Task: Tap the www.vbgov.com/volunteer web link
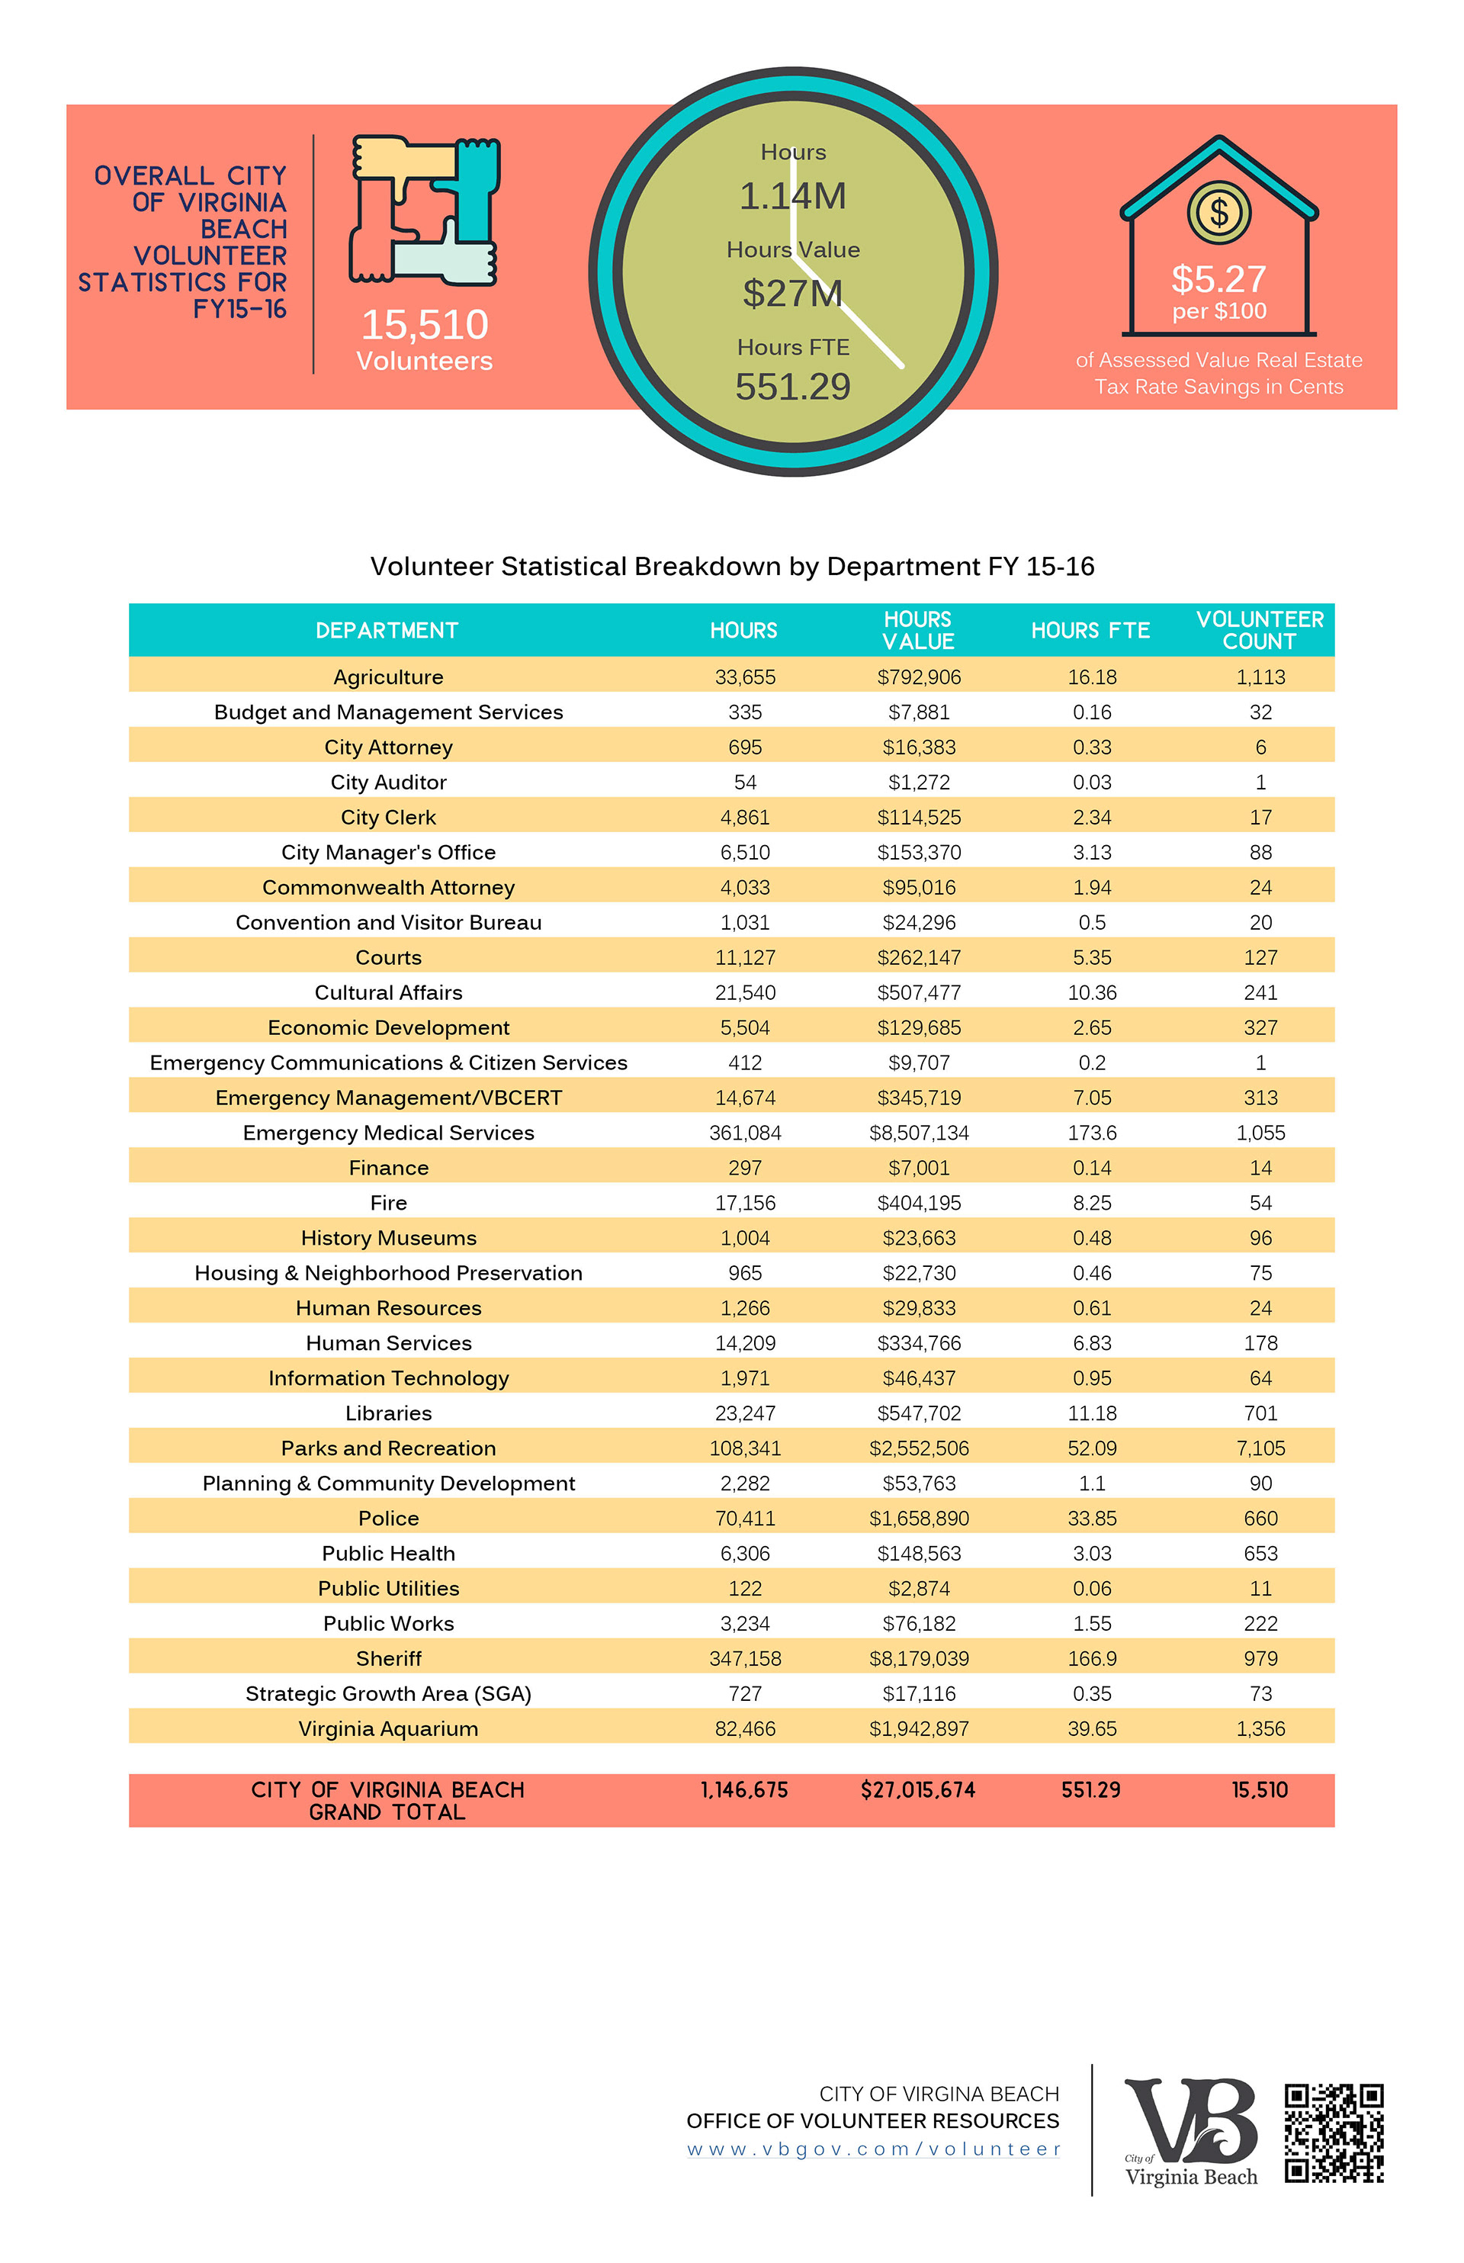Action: click(873, 2149)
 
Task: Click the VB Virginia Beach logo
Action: click(1191, 2133)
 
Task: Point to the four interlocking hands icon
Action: click(425, 211)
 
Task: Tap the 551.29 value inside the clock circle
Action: click(793, 387)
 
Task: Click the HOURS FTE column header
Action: click(1090, 631)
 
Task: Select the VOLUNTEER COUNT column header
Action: click(1260, 631)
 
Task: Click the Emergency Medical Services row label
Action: click(389, 1133)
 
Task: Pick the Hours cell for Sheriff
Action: click(745, 1658)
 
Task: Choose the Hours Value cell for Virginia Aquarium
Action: click(918, 1728)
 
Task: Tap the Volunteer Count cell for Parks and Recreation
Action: click(1260, 1448)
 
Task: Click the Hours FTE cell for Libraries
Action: click(1091, 1413)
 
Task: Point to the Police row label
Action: click(389, 1519)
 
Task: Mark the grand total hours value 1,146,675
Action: click(744, 1789)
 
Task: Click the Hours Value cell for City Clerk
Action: click(918, 818)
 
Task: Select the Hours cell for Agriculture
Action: click(745, 677)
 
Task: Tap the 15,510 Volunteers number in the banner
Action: click(425, 325)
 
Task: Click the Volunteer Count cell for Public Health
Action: click(1260, 1554)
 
